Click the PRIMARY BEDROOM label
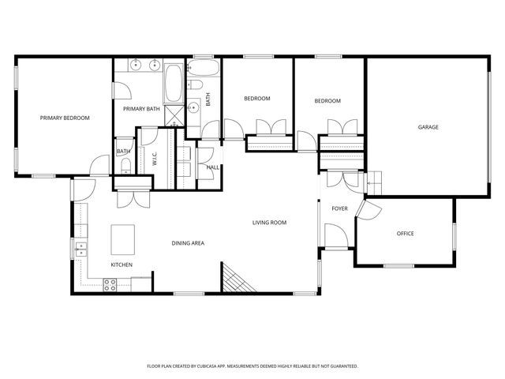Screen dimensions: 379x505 click(65, 118)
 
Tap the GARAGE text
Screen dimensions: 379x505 click(428, 127)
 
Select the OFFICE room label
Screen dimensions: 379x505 click(406, 234)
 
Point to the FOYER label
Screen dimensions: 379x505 click(339, 208)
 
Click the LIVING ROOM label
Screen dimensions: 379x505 click(269, 223)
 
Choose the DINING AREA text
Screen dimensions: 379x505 click(188, 243)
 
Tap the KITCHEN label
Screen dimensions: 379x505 click(121, 265)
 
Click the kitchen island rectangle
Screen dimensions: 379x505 click(123, 237)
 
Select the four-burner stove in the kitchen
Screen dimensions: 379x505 click(112, 284)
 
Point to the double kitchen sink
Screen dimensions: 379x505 click(80, 250)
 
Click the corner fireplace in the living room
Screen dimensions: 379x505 click(234, 280)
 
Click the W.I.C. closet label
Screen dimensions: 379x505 click(155, 158)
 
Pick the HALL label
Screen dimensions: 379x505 click(213, 167)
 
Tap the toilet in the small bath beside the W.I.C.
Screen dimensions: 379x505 click(125, 164)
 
